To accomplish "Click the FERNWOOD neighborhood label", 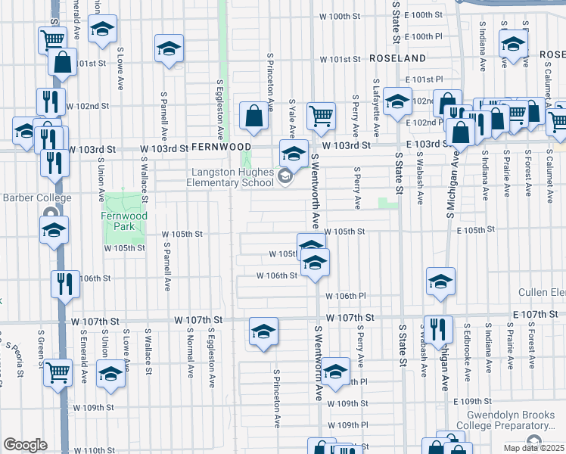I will (221, 146).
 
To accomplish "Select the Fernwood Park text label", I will (123, 220).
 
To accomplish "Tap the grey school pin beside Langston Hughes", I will (285, 178).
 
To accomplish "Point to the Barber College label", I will (36, 198).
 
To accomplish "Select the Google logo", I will (25, 444).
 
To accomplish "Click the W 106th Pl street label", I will (346, 296).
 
